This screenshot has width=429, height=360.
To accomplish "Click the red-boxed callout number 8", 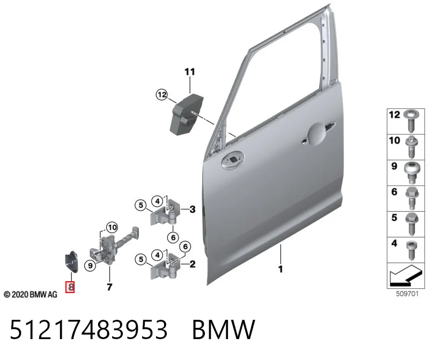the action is coord(70,287).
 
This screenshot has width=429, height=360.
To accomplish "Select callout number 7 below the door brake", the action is coord(109,287).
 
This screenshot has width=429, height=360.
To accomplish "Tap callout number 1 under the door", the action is coord(280,269).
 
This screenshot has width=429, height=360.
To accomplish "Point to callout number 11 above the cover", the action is coord(190,72).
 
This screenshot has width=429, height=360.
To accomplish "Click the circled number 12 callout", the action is coord(162,95).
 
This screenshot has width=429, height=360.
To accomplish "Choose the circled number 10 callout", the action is coord(112,227).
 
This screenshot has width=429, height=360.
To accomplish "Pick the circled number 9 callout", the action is coord(90,265).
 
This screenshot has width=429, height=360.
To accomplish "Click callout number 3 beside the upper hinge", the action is coord(193,209).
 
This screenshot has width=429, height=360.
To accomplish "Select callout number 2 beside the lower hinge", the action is coord(193,264).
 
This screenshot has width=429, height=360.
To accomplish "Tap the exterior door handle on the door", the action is coord(317,133).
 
